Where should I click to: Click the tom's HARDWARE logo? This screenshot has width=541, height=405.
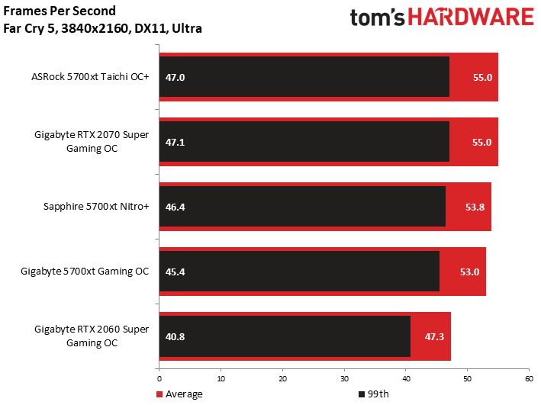tap(441, 18)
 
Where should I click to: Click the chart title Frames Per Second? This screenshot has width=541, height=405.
tap(60, 11)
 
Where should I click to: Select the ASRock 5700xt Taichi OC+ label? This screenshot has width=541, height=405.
tap(90, 77)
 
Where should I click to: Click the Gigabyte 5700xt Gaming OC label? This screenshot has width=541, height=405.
tap(85, 272)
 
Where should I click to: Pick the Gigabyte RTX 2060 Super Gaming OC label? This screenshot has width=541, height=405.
tap(92, 336)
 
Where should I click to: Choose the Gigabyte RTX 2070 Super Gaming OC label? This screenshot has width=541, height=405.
tap(92, 142)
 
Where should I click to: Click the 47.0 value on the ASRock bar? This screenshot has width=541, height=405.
tap(176, 77)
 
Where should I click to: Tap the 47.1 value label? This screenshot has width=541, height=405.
tap(176, 142)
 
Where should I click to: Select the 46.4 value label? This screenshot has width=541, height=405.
tap(176, 207)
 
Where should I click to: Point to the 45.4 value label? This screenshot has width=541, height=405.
tap(176, 272)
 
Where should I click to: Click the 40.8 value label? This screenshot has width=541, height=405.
tap(176, 336)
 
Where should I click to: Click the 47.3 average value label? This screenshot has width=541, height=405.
tap(434, 336)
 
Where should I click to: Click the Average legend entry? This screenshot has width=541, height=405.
tap(180, 394)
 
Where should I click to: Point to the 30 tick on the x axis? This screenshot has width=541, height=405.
tap(344, 378)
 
